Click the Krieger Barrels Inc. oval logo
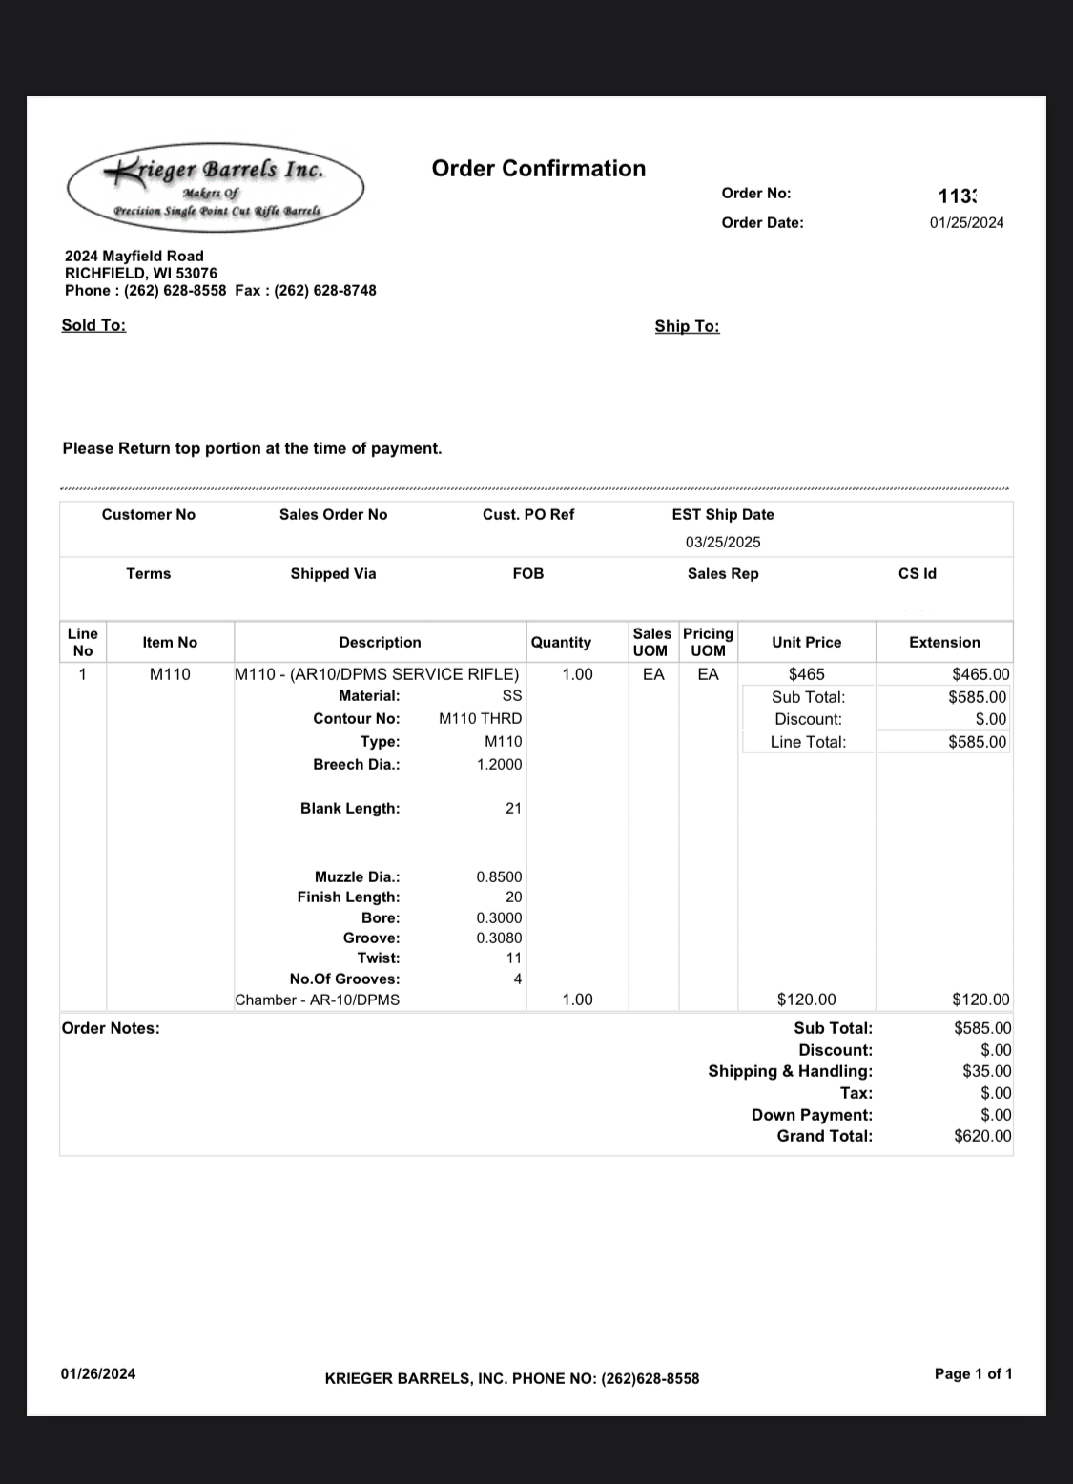point(216,188)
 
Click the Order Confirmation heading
point(538,169)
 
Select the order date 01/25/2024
point(966,222)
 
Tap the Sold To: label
point(93,325)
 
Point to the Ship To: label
point(687,326)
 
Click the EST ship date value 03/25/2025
point(722,542)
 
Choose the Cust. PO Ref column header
point(528,514)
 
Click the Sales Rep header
point(723,573)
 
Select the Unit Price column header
point(806,642)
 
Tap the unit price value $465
point(806,674)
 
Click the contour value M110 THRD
point(480,718)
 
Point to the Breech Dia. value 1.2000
point(499,764)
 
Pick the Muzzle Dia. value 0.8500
point(499,876)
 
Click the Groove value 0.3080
point(499,938)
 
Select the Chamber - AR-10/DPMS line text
point(318,1000)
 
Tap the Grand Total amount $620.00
point(982,1136)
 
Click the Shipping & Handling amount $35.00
point(986,1071)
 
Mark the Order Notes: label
point(111,1028)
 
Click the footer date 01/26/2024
point(97,1373)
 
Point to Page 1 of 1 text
point(973,1373)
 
